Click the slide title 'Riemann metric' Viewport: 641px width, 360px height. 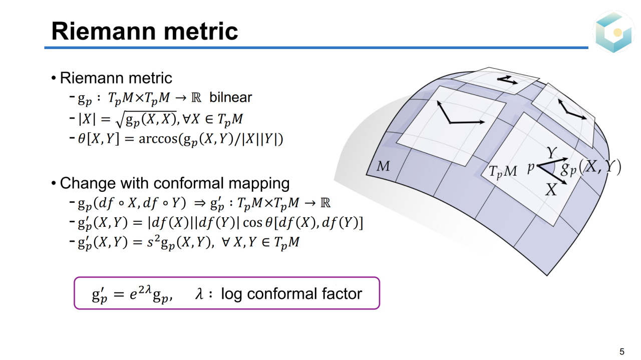(x=144, y=31)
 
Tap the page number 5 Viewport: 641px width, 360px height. (x=622, y=351)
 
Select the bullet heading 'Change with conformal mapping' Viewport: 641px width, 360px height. (x=174, y=183)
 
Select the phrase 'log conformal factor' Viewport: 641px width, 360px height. (x=291, y=293)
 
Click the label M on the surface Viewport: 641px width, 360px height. (x=383, y=166)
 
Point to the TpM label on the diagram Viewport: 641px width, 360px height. (x=503, y=172)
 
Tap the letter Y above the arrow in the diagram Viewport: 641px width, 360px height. (x=551, y=152)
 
